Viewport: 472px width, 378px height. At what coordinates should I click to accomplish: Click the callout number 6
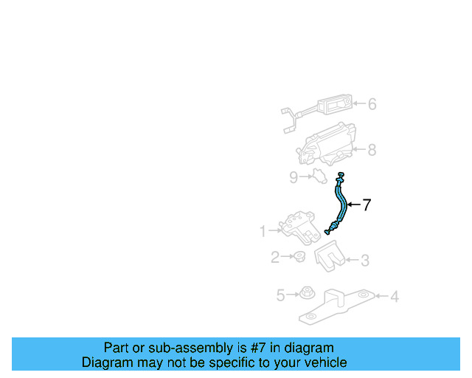[372, 104]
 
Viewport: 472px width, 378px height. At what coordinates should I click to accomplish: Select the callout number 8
[372, 150]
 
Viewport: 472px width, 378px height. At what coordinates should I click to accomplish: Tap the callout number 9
[293, 176]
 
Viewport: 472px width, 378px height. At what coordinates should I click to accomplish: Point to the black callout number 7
[367, 205]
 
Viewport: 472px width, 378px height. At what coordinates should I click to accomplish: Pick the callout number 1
[263, 232]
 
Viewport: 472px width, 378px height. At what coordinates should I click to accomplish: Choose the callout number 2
[274, 258]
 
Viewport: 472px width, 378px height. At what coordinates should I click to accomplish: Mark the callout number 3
[364, 260]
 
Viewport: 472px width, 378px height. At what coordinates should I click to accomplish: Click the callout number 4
[395, 297]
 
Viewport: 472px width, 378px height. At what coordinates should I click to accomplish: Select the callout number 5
[280, 296]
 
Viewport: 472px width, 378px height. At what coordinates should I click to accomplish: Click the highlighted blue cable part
[341, 204]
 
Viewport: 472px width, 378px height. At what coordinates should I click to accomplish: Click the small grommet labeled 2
[299, 257]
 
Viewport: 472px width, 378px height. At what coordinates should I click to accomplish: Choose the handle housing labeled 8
[327, 145]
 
